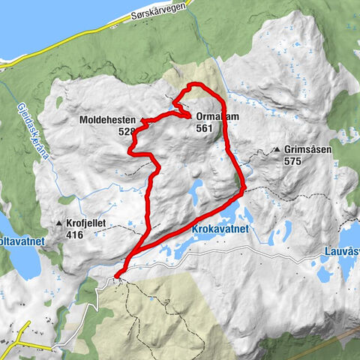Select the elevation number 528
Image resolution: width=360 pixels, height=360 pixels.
tap(127, 131)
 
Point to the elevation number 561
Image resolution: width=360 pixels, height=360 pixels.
tap(204, 128)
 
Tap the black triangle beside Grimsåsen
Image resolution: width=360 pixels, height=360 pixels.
tap(277, 149)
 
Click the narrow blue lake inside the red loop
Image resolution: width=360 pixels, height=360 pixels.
tap(194, 193)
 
